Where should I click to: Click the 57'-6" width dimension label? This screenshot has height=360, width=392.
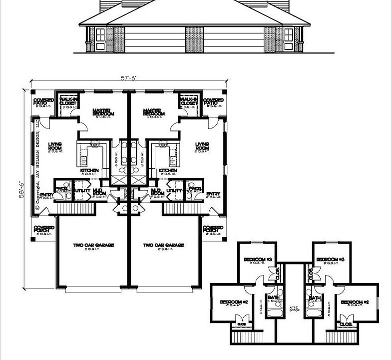click(x=128, y=77)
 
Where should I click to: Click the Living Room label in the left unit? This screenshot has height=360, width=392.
click(x=55, y=147)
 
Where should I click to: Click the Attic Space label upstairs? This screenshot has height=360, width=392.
click(x=294, y=309)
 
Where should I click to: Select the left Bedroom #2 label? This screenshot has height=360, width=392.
click(x=234, y=302)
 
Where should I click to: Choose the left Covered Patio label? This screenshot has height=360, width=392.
click(x=43, y=102)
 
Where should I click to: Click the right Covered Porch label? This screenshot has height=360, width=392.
click(x=214, y=228)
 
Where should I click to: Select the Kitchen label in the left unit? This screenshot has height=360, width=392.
click(x=89, y=171)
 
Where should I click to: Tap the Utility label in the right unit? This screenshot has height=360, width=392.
click(x=174, y=190)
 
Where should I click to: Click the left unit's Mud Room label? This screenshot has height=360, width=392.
click(x=98, y=192)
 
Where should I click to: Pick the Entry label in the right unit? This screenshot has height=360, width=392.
click(x=213, y=194)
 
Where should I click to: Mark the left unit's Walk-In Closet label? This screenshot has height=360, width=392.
click(x=67, y=101)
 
